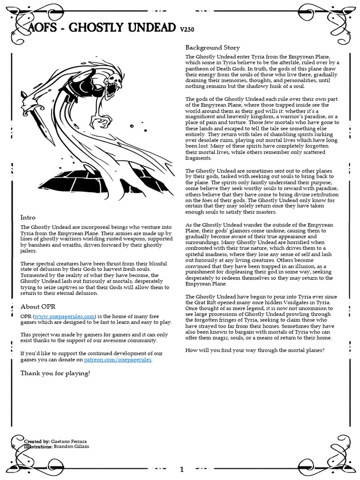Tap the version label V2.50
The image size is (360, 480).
point(187,30)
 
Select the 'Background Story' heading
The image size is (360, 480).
point(212,47)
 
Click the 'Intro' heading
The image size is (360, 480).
point(28,217)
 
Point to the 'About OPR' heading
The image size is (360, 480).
point(37,307)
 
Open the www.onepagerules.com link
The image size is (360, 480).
point(65,316)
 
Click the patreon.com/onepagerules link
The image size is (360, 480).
point(118,360)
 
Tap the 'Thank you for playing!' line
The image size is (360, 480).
point(55,373)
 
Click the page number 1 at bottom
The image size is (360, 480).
point(181,469)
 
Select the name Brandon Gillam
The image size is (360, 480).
point(72,447)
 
